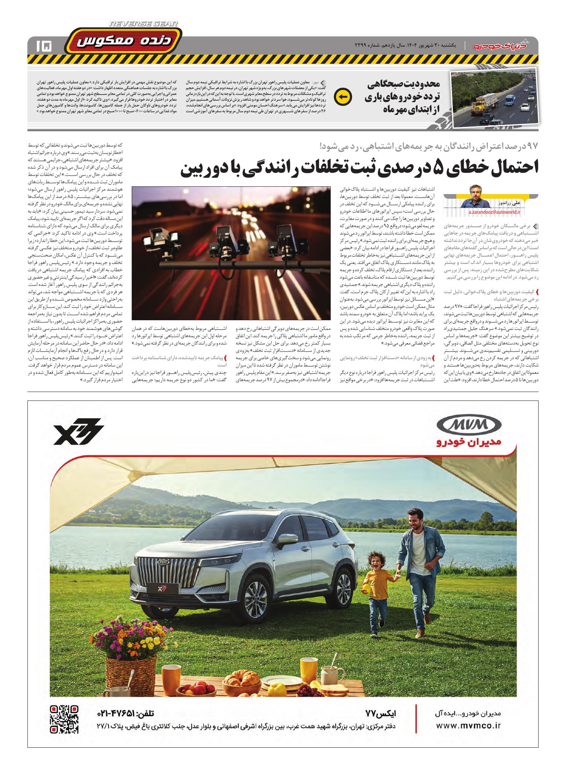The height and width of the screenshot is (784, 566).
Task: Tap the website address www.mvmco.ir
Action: pyautogui.click(x=468, y=725)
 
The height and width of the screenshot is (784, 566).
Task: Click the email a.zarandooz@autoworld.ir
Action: pyautogui.click(x=495, y=212)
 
